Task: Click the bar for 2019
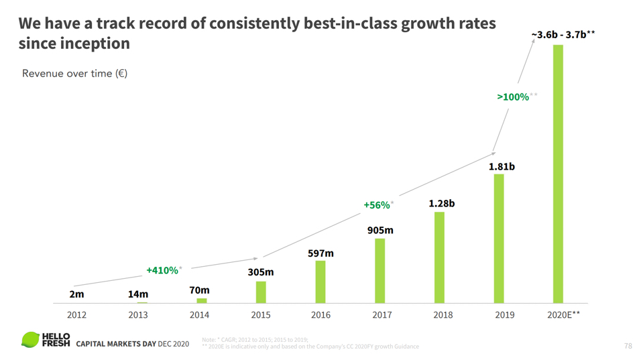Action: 499,239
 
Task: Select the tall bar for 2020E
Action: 557,174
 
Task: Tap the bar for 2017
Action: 380,271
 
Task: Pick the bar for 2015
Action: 261,292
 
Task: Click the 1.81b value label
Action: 502,166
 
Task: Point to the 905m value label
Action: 380,230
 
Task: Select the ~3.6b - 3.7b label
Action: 563,35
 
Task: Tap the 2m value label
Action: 76,294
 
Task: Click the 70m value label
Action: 199,290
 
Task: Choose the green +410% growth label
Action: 162,270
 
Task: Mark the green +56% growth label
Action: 377,205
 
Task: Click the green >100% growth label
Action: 513,97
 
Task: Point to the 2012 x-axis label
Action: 76,314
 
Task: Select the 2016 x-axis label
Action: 320,314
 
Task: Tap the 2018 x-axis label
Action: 443,314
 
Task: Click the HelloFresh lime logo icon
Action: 30,340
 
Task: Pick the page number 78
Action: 628,346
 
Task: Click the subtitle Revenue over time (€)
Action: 74,73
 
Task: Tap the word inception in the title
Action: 95,44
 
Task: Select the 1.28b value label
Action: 441,203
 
